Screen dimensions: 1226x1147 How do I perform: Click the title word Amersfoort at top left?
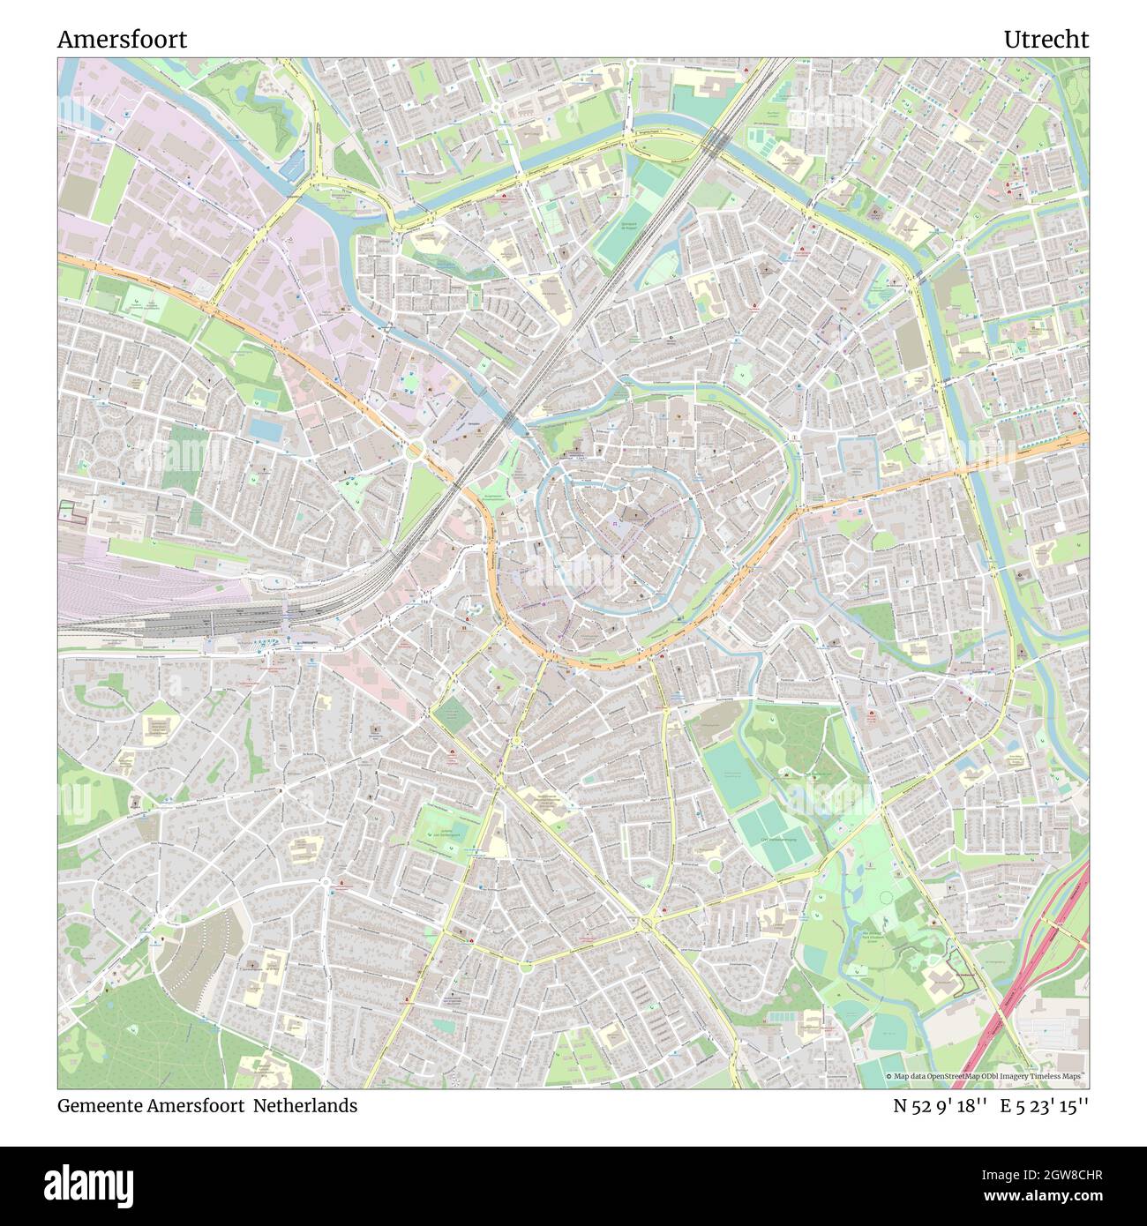(x=122, y=40)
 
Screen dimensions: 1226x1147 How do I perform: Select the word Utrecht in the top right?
(x=1046, y=40)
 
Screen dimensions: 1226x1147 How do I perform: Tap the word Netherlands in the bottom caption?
(x=306, y=1105)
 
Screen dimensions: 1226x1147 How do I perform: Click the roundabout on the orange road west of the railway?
(x=413, y=449)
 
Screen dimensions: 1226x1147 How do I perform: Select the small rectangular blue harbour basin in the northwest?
(x=298, y=163)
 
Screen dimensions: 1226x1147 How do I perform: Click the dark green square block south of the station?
(x=453, y=713)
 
